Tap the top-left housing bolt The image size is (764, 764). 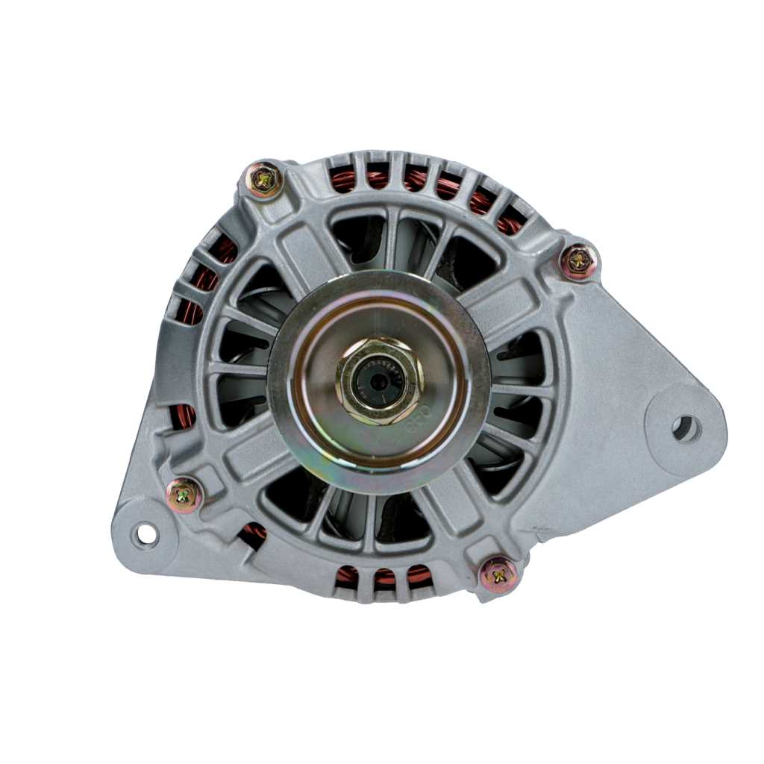[x=264, y=179]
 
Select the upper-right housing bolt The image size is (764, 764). [x=579, y=261]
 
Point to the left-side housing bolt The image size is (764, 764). [x=184, y=495]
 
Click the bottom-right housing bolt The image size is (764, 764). [x=499, y=574]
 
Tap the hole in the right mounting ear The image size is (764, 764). [x=685, y=429]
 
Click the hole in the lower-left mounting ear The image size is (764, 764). [x=145, y=534]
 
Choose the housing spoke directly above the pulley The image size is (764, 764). [x=391, y=239]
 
